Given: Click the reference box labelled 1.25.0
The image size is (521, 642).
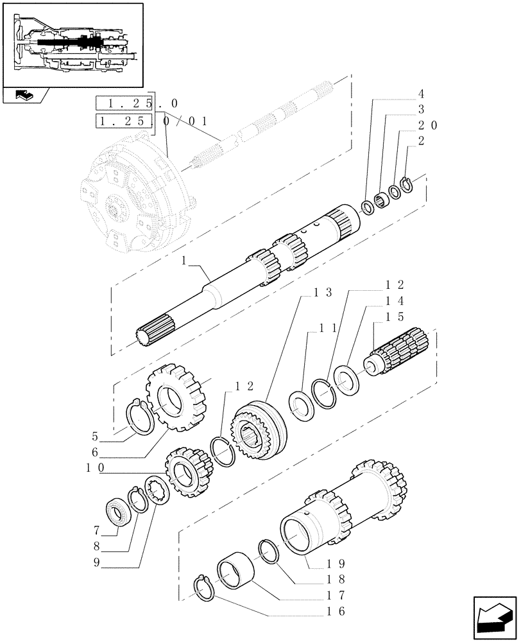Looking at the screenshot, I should pos(124,103).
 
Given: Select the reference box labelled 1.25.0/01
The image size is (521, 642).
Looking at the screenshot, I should pos(124,121).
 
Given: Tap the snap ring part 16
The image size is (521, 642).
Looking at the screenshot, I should pos(207,589).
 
